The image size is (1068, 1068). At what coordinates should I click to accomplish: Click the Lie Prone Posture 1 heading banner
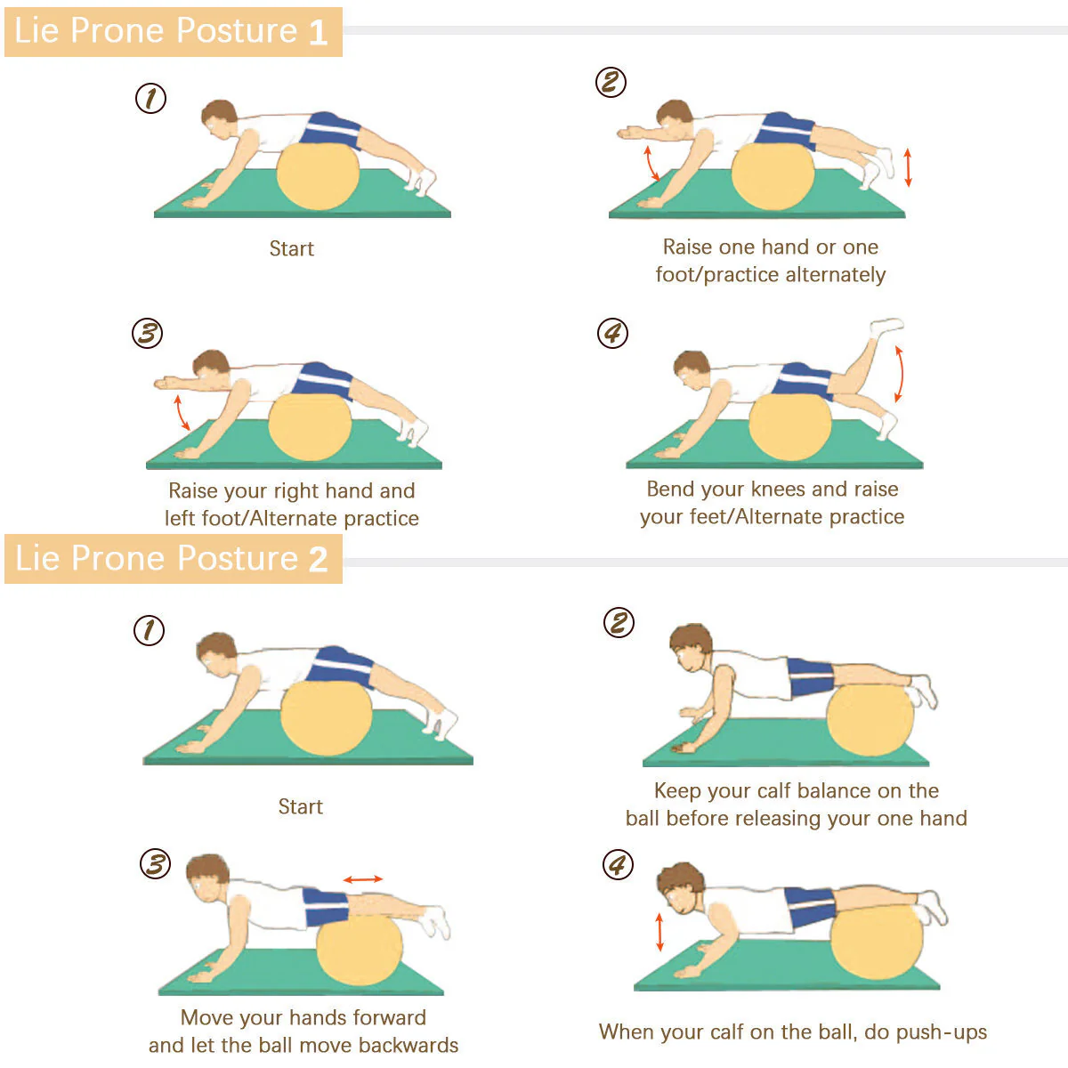click(173, 31)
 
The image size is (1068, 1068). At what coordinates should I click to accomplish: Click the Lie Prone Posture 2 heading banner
click(173, 559)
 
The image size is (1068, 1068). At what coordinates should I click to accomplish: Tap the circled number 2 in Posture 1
click(611, 83)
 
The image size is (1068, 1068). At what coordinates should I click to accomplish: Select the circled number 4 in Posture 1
click(612, 333)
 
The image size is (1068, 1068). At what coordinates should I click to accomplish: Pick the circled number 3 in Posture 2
click(155, 864)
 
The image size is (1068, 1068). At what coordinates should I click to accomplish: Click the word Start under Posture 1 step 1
click(292, 249)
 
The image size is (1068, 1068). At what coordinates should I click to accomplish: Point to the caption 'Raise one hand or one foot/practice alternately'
click(771, 261)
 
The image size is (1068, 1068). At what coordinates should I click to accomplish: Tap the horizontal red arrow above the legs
click(363, 879)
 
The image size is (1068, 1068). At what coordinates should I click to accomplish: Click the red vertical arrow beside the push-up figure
click(659, 932)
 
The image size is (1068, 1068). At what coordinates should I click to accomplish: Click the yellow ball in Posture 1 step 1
click(318, 176)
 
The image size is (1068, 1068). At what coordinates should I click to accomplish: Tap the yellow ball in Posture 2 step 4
click(877, 942)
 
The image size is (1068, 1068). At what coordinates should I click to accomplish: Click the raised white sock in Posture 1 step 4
click(886, 326)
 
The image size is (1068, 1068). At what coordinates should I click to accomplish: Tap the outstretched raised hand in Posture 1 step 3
click(166, 383)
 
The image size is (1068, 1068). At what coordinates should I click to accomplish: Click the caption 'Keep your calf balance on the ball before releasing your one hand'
click(797, 805)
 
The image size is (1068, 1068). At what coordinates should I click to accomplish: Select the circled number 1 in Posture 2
click(150, 631)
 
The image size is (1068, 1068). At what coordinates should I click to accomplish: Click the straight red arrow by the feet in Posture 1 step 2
click(908, 166)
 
